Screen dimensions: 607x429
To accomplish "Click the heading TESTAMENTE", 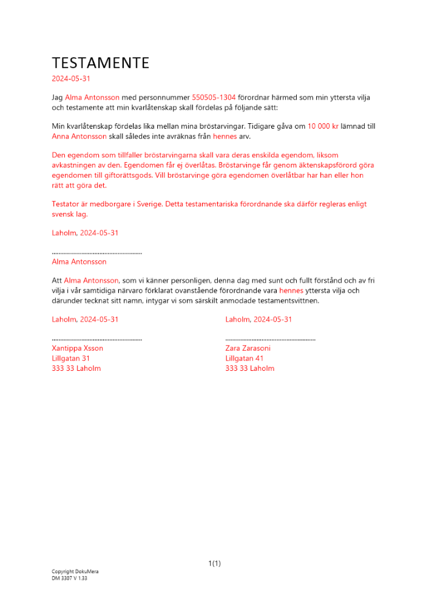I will (100, 63).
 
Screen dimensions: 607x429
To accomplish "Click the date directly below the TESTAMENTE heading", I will (71, 78).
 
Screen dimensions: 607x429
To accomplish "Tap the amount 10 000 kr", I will (323, 126).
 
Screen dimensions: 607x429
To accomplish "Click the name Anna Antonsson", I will (79, 137).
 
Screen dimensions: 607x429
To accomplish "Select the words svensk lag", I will (70, 214).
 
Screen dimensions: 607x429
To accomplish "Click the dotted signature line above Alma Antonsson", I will (97, 253).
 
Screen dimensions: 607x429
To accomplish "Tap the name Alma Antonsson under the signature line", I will (79, 262).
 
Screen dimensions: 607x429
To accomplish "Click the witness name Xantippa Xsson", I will (78, 348).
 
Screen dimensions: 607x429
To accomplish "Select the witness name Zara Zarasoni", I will (248, 348).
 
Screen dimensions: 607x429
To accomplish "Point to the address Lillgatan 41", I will (244, 358).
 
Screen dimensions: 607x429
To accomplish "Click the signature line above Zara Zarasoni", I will (270, 339).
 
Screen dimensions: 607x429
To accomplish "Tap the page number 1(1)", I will (214, 563).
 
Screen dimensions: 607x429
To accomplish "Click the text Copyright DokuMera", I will (75, 572).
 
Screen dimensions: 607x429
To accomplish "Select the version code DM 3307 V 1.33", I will (69, 578).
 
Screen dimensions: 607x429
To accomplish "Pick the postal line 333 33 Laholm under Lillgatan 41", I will (249, 368).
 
